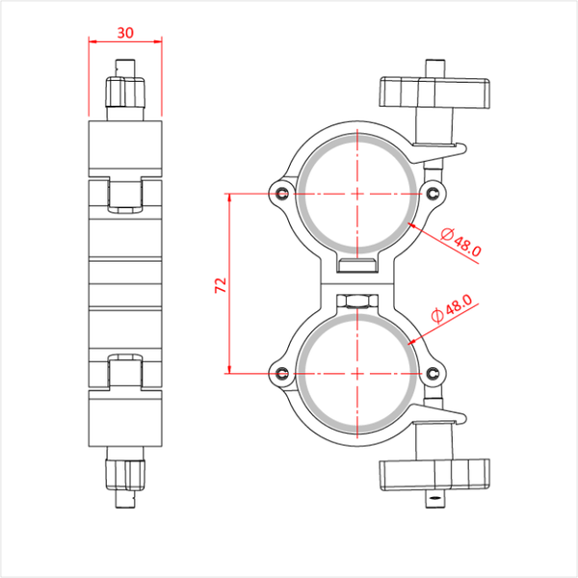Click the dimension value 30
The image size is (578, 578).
tap(125, 33)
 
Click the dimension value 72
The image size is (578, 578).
tap(221, 285)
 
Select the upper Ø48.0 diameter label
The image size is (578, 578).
tap(460, 242)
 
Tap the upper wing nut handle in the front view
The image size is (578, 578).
tap(434, 92)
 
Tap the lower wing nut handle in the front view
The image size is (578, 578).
tap(434, 475)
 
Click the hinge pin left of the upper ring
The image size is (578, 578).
tap(283, 194)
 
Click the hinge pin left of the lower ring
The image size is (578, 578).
tap(283, 374)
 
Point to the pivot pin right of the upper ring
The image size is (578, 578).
tap(433, 194)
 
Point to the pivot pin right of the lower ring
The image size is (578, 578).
tap(433, 374)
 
